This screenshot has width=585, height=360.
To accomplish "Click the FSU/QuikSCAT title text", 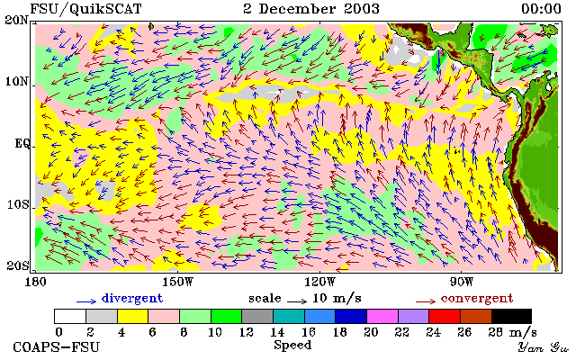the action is [85, 9].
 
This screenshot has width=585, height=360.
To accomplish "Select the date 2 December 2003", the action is [311, 8].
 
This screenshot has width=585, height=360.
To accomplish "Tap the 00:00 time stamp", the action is [541, 8].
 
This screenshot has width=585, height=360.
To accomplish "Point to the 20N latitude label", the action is [17, 20].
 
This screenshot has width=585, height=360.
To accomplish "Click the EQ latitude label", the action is [22, 143].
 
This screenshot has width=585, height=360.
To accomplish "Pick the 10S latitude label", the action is [17, 204].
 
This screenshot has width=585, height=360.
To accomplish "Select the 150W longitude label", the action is [178, 282].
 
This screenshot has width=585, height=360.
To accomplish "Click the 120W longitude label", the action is [319, 282].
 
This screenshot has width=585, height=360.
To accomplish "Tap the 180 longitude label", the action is [35, 282].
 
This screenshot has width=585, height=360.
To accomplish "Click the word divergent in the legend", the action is [132, 298].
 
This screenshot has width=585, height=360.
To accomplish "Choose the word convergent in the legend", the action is [477, 298].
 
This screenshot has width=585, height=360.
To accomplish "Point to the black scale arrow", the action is [297, 301].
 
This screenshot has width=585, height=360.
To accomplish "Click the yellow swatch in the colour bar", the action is [133, 316].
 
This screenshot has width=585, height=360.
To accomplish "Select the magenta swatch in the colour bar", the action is [382, 316].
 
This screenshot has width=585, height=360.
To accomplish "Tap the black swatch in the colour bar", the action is [511, 316].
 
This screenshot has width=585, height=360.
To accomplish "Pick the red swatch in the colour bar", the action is [445, 316].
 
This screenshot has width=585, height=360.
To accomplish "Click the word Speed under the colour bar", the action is [292, 345].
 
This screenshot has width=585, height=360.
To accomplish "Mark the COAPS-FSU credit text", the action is [57, 346].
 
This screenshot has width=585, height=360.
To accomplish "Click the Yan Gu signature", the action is [544, 347].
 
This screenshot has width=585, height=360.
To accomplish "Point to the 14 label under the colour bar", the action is [277, 332].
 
